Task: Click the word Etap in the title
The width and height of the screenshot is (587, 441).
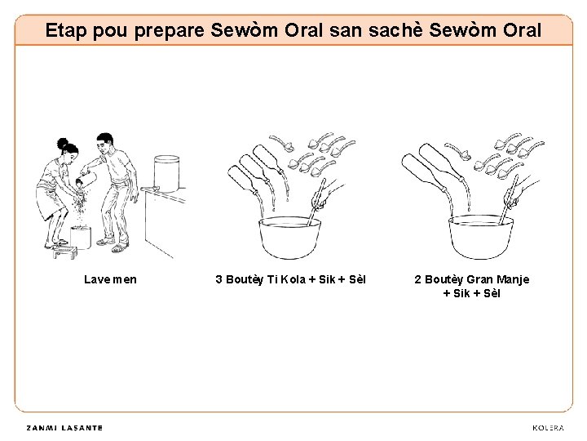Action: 67,30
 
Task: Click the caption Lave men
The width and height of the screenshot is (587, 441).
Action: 110,279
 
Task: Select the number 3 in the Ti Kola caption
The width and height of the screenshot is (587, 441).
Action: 218,279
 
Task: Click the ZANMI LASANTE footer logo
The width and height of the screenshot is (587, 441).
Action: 64,428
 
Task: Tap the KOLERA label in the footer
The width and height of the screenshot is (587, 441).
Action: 548,428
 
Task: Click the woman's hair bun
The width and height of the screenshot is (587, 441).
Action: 63,143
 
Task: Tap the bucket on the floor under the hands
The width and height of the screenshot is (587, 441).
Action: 81,237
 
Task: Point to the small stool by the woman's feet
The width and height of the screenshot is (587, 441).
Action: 64,252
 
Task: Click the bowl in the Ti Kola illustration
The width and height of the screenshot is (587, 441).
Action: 289,238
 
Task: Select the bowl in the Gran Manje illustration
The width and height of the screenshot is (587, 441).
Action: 481,237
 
